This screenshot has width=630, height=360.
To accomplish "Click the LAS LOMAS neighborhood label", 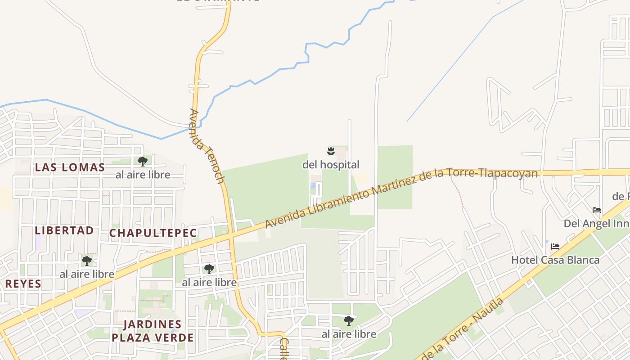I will click(70, 167).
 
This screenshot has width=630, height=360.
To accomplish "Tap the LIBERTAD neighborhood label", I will click(64, 230).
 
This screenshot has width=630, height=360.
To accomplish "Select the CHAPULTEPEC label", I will click(153, 233).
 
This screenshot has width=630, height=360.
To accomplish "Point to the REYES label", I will click(23, 284).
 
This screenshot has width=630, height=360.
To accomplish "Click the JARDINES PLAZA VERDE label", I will click(153, 331).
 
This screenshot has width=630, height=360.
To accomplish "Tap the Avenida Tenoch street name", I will click(207, 146).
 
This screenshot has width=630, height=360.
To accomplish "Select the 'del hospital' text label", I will click(331, 165).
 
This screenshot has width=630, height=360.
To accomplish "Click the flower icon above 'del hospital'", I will click(331, 150).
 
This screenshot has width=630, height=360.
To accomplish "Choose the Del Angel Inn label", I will click(596, 224).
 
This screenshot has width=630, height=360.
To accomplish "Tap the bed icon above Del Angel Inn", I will click(597, 210).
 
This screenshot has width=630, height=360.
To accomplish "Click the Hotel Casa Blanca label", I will click(555, 260).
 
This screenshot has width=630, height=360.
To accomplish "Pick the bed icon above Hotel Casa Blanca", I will click(555, 247).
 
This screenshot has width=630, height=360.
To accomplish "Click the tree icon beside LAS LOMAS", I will click(143, 161).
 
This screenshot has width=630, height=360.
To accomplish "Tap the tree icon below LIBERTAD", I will click(87, 261).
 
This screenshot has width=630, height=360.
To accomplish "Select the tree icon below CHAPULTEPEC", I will click(209, 269).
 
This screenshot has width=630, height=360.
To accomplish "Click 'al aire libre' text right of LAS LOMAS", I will click(143, 175).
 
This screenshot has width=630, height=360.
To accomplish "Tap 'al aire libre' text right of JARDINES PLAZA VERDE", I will click(349, 334).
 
